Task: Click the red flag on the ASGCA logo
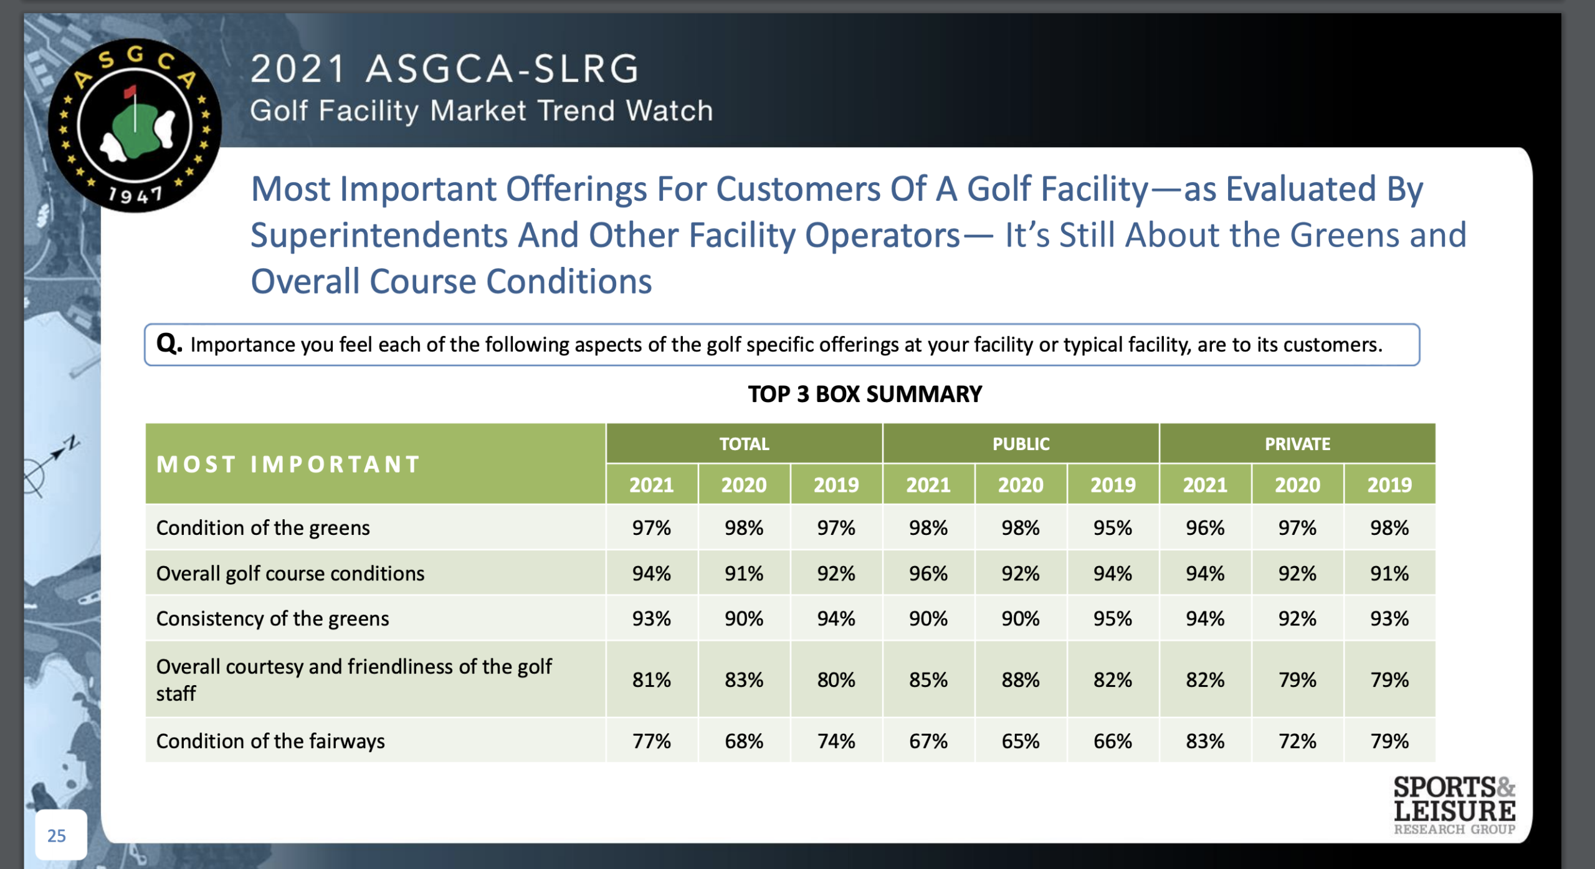click(x=130, y=92)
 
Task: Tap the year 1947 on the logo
click(x=135, y=196)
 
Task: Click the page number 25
click(x=57, y=835)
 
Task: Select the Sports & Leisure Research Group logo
click(x=1454, y=805)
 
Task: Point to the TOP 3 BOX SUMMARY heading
click(x=865, y=394)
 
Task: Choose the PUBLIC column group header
click(x=1021, y=444)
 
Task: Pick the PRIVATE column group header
click(x=1297, y=444)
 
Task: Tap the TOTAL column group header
click(x=744, y=444)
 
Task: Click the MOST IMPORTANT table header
click(x=288, y=464)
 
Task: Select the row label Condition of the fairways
click(x=270, y=741)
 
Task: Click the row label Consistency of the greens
click(x=272, y=618)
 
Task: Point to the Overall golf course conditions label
click(x=290, y=573)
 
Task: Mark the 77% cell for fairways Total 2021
click(x=651, y=741)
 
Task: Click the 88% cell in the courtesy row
click(x=1020, y=679)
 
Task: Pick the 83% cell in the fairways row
click(x=1204, y=741)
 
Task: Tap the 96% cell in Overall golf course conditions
click(x=928, y=573)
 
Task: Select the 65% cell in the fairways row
click(x=1020, y=741)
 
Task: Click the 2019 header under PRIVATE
click(x=1389, y=484)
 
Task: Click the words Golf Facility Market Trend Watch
click(x=481, y=111)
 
